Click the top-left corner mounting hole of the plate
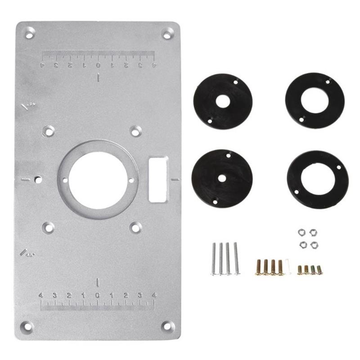[x=29, y=33]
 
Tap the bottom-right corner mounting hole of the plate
[x=167, y=326]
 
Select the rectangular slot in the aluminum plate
[x=158, y=180]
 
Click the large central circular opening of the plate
[x=98, y=180]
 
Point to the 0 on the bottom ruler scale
[x=98, y=296]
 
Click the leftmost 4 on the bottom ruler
[x=41, y=296]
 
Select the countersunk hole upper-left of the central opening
[x=48, y=131]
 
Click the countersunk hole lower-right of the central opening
[x=135, y=228]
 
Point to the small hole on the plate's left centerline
[x=38, y=180]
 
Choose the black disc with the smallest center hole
[x=222, y=178]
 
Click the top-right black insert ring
[x=315, y=100]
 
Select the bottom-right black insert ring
[x=318, y=179]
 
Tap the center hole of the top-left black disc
[x=222, y=101]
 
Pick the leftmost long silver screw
[x=214, y=259]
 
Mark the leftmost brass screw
[x=259, y=267]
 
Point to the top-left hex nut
[x=301, y=232]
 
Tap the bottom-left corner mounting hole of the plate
[x=27, y=326]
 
